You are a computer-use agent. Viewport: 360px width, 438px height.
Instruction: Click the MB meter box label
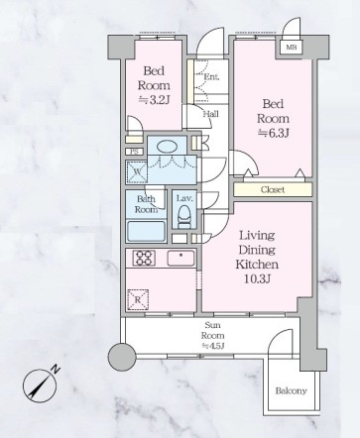(x=291, y=48)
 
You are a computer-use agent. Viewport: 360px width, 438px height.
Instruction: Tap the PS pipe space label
(x=134, y=152)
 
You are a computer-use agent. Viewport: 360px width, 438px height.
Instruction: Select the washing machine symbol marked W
(x=137, y=171)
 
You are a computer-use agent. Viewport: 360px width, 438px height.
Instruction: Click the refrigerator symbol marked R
(x=138, y=299)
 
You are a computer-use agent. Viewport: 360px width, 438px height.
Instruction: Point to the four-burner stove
(x=144, y=258)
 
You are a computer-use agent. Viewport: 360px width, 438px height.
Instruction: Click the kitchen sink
(x=180, y=258)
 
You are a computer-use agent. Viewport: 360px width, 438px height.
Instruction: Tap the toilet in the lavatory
(x=182, y=217)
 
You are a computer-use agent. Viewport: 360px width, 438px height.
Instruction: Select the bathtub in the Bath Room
(x=146, y=231)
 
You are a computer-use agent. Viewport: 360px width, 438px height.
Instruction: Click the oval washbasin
(x=167, y=147)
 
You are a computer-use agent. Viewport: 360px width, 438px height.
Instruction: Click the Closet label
(x=273, y=189)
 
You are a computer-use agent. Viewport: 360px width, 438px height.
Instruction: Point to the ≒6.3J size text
(x=274, y=133)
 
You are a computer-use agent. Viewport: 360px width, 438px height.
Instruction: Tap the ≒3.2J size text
(x=154, y=100)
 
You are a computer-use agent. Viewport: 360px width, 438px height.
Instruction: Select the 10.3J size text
(x=258, y=279)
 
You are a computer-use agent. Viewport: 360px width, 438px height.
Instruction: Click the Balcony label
(x=291, y=390)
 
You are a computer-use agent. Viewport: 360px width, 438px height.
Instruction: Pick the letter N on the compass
(x=57, y=369)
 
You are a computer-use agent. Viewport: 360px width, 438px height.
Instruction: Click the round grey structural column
(x=122, y=357)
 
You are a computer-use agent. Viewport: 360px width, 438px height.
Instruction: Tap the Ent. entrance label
(x=211, y=77)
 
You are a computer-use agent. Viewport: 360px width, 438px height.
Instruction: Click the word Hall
(x=210, y=114)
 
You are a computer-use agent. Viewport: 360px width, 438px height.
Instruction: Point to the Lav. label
(x=184, y=198)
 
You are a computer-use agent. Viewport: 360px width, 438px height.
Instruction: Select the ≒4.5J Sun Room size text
(x=213, y=346)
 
